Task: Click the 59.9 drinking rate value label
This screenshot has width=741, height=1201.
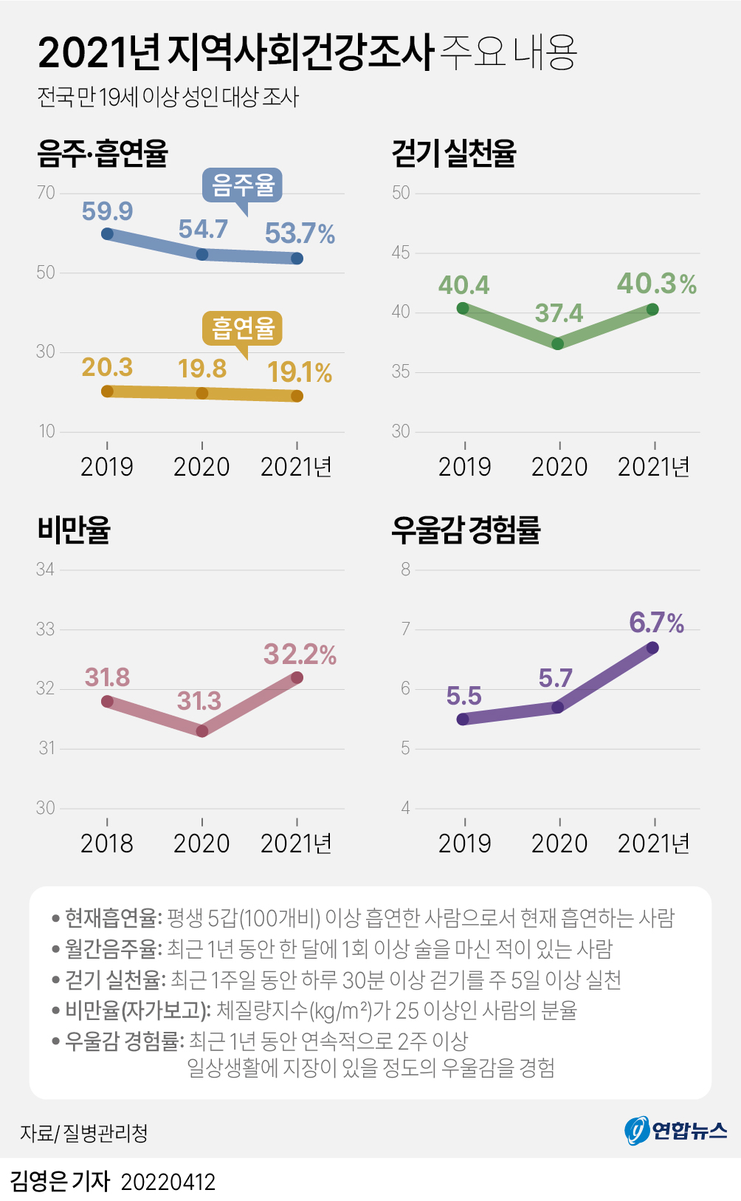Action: tap(107, 211)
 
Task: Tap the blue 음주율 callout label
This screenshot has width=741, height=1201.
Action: tap(243, 185)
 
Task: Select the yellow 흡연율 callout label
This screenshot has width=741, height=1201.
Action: tap(243, 328)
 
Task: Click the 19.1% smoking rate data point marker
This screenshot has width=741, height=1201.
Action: tap(297, 396)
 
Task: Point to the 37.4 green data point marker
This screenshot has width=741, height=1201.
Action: tap(558, 343)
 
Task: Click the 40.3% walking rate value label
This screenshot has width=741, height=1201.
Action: tap(656, 284)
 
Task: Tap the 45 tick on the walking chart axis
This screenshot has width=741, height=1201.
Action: tap(401, 253)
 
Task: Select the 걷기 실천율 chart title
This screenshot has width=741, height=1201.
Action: tap(454, 154)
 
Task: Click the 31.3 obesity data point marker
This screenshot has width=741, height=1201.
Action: tap(202, 731)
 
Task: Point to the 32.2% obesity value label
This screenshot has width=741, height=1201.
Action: tap(300, 654)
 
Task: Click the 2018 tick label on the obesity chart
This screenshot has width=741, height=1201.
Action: tap(107, 843)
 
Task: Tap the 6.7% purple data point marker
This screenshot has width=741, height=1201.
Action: tap(652, 648)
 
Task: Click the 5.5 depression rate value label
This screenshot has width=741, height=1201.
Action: tap(463, 696)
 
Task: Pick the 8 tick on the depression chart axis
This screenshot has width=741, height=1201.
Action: tap(405, 569)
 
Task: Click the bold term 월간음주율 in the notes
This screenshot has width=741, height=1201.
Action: tap(111, 948)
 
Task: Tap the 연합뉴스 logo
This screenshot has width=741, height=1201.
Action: tap(676, 1130)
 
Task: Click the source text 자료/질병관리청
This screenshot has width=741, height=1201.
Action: tap(84, 1133)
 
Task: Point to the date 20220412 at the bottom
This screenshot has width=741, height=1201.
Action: tap(168, 1182)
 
